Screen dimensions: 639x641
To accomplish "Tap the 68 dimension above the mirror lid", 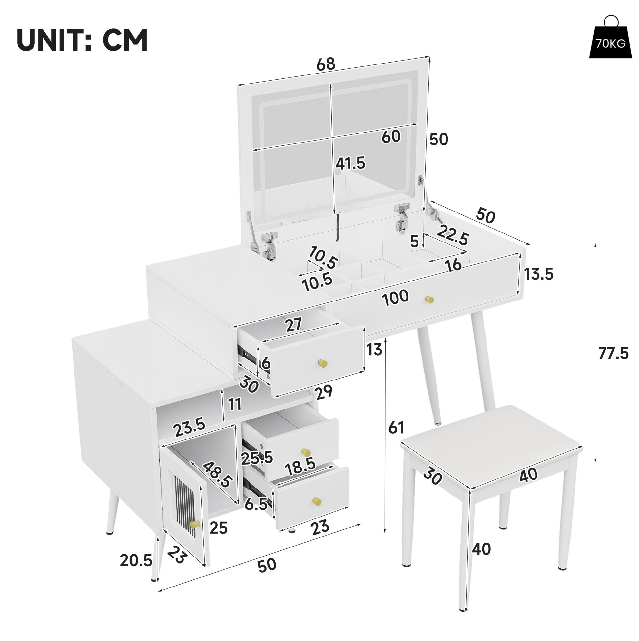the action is tap(326, 64).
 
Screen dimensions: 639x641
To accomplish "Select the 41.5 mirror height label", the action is tap(350, 163).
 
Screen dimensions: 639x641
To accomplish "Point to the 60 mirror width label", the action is tap(391, 136).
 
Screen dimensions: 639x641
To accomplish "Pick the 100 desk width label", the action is tap(395, 298).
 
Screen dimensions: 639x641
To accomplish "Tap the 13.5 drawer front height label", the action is tap(538, 274).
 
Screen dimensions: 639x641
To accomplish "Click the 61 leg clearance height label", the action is tap(397, 428).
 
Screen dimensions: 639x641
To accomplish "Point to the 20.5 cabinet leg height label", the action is tap(136, 560).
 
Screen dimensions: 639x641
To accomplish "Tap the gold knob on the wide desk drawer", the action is tap(429, 300).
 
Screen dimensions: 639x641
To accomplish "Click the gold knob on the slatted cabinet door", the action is tap(195, 525).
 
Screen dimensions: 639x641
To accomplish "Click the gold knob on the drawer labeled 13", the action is tap(322, 363).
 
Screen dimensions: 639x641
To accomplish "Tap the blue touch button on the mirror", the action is tap(338, 192).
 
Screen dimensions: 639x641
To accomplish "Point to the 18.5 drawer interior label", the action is tap(300, 466).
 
